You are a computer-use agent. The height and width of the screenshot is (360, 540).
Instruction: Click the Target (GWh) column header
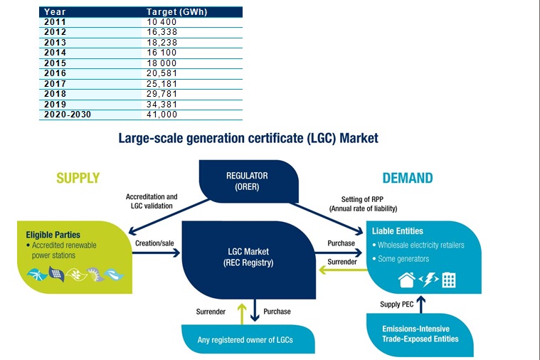pyautogui.click(x=177, y=11)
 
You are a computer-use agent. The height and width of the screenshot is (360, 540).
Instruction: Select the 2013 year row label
pyautogui.click(x=55, y=43)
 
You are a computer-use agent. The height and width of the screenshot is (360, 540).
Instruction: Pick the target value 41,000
pyautogui.click(x=162, y=115)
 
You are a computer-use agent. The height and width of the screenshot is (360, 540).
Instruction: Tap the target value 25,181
pyautogui.click(x=162, y=84)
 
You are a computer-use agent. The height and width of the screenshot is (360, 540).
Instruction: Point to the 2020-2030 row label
pyautogui.click(x=68, y=115)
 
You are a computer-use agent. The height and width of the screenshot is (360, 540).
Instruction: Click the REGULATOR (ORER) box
pyautogui.click(x=248, y=181)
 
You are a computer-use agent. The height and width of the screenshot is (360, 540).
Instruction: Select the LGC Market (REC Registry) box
pyautogui.click(x=248, y=260)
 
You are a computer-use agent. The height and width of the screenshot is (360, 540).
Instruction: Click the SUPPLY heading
pyautogui.click(x=78, y=178)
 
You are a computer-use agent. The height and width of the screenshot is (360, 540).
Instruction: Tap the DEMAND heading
pyautogui.click(x=408, y=178)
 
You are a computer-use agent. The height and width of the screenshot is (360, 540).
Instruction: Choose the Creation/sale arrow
pyautogui.click(x=156, y=253)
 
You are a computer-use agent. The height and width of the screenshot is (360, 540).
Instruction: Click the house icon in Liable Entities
pyautogui.click(x=407, y=280)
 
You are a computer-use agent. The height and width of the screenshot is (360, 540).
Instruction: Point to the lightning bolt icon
pyautogui.click(x=429, y=280)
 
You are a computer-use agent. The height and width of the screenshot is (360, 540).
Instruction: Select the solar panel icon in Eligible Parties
pyautogui.click(x=56, y=274)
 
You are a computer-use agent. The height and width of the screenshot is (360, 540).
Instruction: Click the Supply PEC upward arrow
pyautogui.click(x=421, y=305)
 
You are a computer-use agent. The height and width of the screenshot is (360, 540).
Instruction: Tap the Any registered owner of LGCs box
pyautogui.click(x=248, y=339)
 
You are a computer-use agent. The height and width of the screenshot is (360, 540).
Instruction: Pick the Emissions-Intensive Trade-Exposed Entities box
pyautogui.click(x=420, y=334)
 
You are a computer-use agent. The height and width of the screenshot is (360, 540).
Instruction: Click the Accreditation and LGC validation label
pyautogui.click(x=152, y=201)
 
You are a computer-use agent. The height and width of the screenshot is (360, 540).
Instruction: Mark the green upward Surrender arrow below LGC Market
pyautogui.click(x=242, y=314)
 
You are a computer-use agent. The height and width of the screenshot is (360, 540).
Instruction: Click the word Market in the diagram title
pyautogui.click(x=359, y=138)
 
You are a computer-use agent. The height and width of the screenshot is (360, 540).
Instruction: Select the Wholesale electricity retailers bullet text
pyautogui.click(x=421, y=245)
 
